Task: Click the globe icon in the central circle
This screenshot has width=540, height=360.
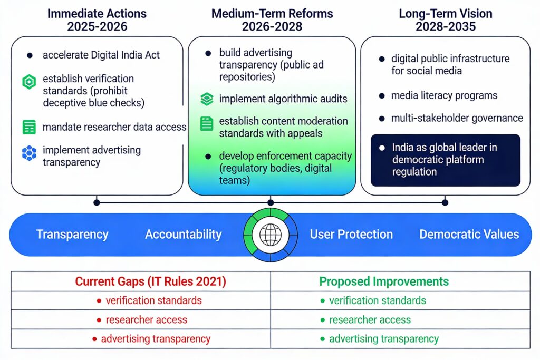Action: [x=271, y=233]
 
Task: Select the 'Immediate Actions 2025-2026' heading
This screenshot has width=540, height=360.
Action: [x=97, y=20]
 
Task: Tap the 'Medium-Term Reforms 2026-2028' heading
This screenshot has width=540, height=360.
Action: [x=271, y=20]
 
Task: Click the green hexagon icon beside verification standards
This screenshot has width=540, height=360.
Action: [x=29, y=82]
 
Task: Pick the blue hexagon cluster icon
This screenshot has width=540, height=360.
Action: [x=29, y=153]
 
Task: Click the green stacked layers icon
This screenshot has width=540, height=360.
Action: [x=207, y=99]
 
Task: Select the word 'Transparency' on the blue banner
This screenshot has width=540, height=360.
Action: [x=72, y=235]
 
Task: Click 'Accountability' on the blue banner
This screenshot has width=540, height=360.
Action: [x=183, y=235]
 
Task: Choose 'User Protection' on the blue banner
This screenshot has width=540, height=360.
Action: [x=351, y=235]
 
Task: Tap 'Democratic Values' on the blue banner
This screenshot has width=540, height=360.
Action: [x=469, y=235]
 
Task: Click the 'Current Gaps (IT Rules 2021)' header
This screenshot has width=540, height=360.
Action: [x=150, y=281]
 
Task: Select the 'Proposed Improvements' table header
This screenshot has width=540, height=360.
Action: [x=384, y=281]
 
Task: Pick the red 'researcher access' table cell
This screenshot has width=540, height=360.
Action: [x=146, y=320]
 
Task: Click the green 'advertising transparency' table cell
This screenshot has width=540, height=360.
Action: [x=383, y=339]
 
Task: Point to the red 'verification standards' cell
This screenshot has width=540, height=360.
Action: [x=153, y=301]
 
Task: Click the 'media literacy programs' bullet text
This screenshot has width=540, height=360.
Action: [x=444, y=95]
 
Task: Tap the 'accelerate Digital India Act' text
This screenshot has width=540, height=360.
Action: [x=101, y=55]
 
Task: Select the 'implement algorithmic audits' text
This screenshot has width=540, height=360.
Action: [x=283, y=99]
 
